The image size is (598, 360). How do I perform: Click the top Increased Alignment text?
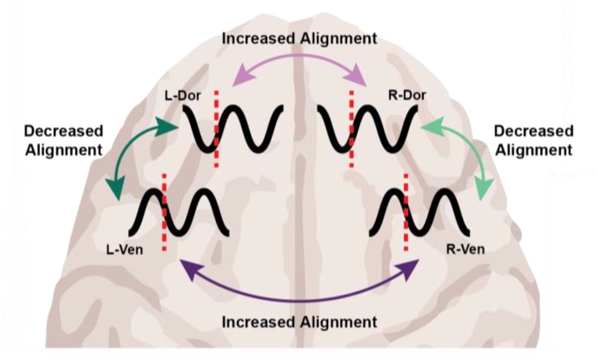(299, 38)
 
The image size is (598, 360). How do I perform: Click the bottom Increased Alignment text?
(299, 322)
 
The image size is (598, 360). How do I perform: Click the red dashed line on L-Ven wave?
(164, 213)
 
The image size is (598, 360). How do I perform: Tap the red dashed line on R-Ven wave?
(405, 213)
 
